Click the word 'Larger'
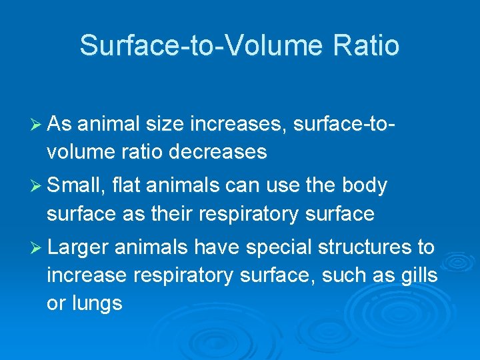pos(78,247)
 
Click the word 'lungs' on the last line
pos(94,304)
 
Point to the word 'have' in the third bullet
pos(214,247)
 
